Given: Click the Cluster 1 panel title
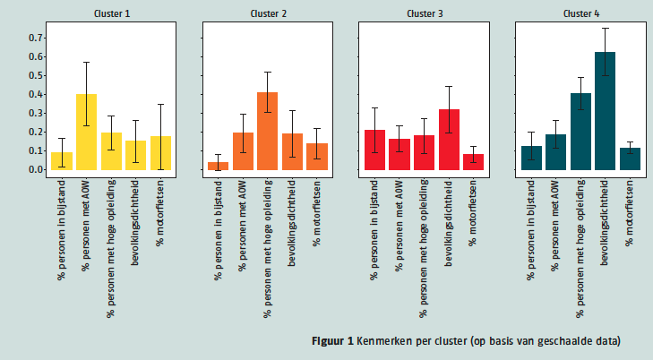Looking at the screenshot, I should click(111, 13).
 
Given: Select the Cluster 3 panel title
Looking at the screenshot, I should click(424, 13).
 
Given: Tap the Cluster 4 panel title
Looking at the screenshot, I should click(580, 13).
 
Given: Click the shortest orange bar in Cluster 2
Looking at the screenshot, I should click(218, 166).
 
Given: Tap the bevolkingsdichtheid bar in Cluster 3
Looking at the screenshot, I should click(449, 140).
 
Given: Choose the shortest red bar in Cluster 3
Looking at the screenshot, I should click(473, 161).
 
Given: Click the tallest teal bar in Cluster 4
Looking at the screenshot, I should click(605, 111).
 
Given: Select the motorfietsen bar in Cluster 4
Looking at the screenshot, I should click(630, 159).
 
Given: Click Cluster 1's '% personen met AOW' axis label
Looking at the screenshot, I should click(87, 224).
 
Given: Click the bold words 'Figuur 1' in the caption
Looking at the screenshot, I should click(332, 341).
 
